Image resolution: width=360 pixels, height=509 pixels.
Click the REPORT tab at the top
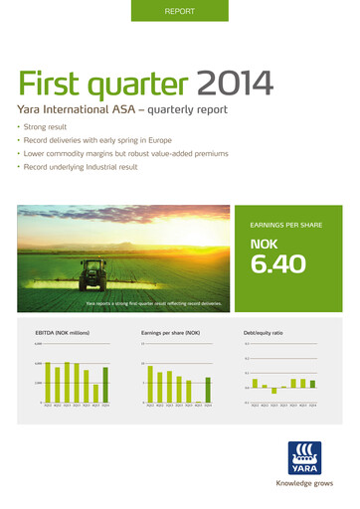tap(179, 12)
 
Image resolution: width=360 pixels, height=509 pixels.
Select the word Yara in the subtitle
tap(31, 110)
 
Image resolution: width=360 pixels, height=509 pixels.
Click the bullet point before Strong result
tap(20, 129)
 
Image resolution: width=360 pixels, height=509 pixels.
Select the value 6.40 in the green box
tap(277, 264)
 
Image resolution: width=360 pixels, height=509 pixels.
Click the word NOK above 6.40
tap(264, 242)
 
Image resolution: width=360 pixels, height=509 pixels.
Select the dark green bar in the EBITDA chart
tap(105, 385)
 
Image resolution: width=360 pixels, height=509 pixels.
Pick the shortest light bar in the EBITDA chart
tap(95, 393)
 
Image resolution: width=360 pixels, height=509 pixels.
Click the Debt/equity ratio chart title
tap(264, 333)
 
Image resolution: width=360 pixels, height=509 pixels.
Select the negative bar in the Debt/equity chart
tap(274, 391)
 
